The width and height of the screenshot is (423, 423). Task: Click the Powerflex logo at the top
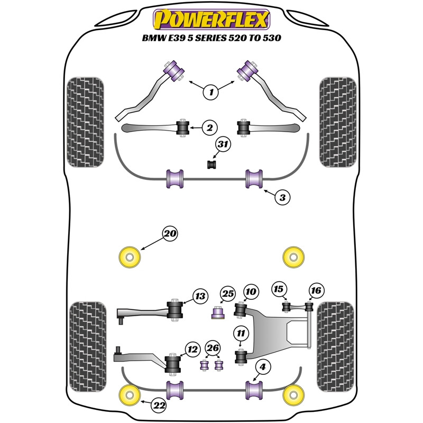211,20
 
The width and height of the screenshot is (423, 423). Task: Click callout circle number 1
211,93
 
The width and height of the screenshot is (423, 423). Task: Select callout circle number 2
209,127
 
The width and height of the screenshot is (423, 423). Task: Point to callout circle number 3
282,198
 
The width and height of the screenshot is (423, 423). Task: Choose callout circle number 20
170,233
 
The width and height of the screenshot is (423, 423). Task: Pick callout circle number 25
227,293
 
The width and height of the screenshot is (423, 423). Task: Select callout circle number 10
251,291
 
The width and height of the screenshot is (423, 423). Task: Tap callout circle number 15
279,289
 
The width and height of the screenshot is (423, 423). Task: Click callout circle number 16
316,290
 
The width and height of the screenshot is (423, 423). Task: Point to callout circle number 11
242,333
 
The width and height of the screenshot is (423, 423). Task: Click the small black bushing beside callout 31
212,165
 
